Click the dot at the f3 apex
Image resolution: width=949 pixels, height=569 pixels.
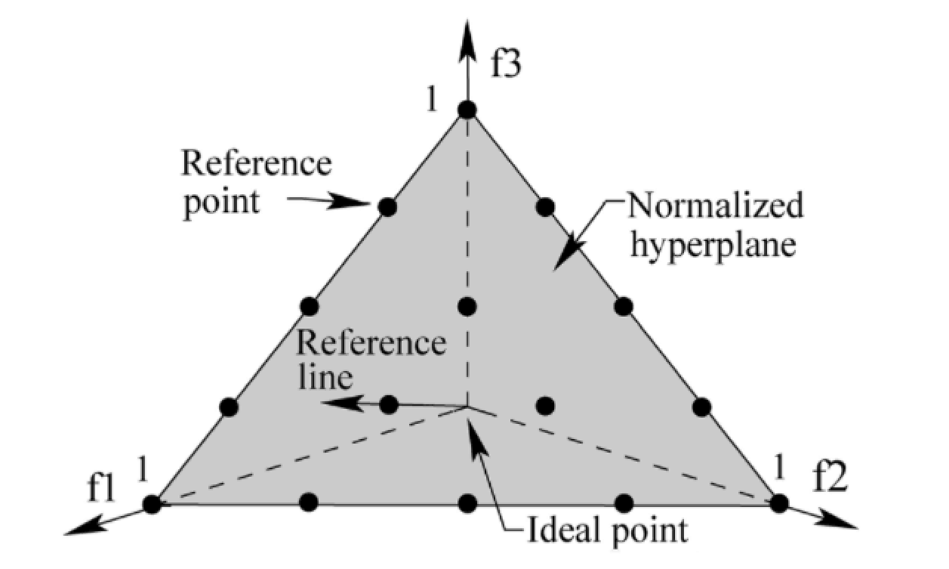point(467,110)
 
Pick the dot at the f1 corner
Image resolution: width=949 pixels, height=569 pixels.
point(153,503)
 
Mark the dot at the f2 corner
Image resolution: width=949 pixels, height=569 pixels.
point(780,503)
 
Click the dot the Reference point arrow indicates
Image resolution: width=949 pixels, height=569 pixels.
point(387,206)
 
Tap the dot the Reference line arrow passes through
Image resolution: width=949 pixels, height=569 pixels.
point(389,405)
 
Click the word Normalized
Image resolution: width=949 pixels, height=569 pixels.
point(714,206)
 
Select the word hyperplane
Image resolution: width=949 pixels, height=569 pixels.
point(713,246)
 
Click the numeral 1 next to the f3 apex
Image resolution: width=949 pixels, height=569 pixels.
point(431,101)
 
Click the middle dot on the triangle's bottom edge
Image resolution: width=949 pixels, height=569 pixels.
point(467,503)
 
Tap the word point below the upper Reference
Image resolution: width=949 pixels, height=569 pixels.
point(220,203)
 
